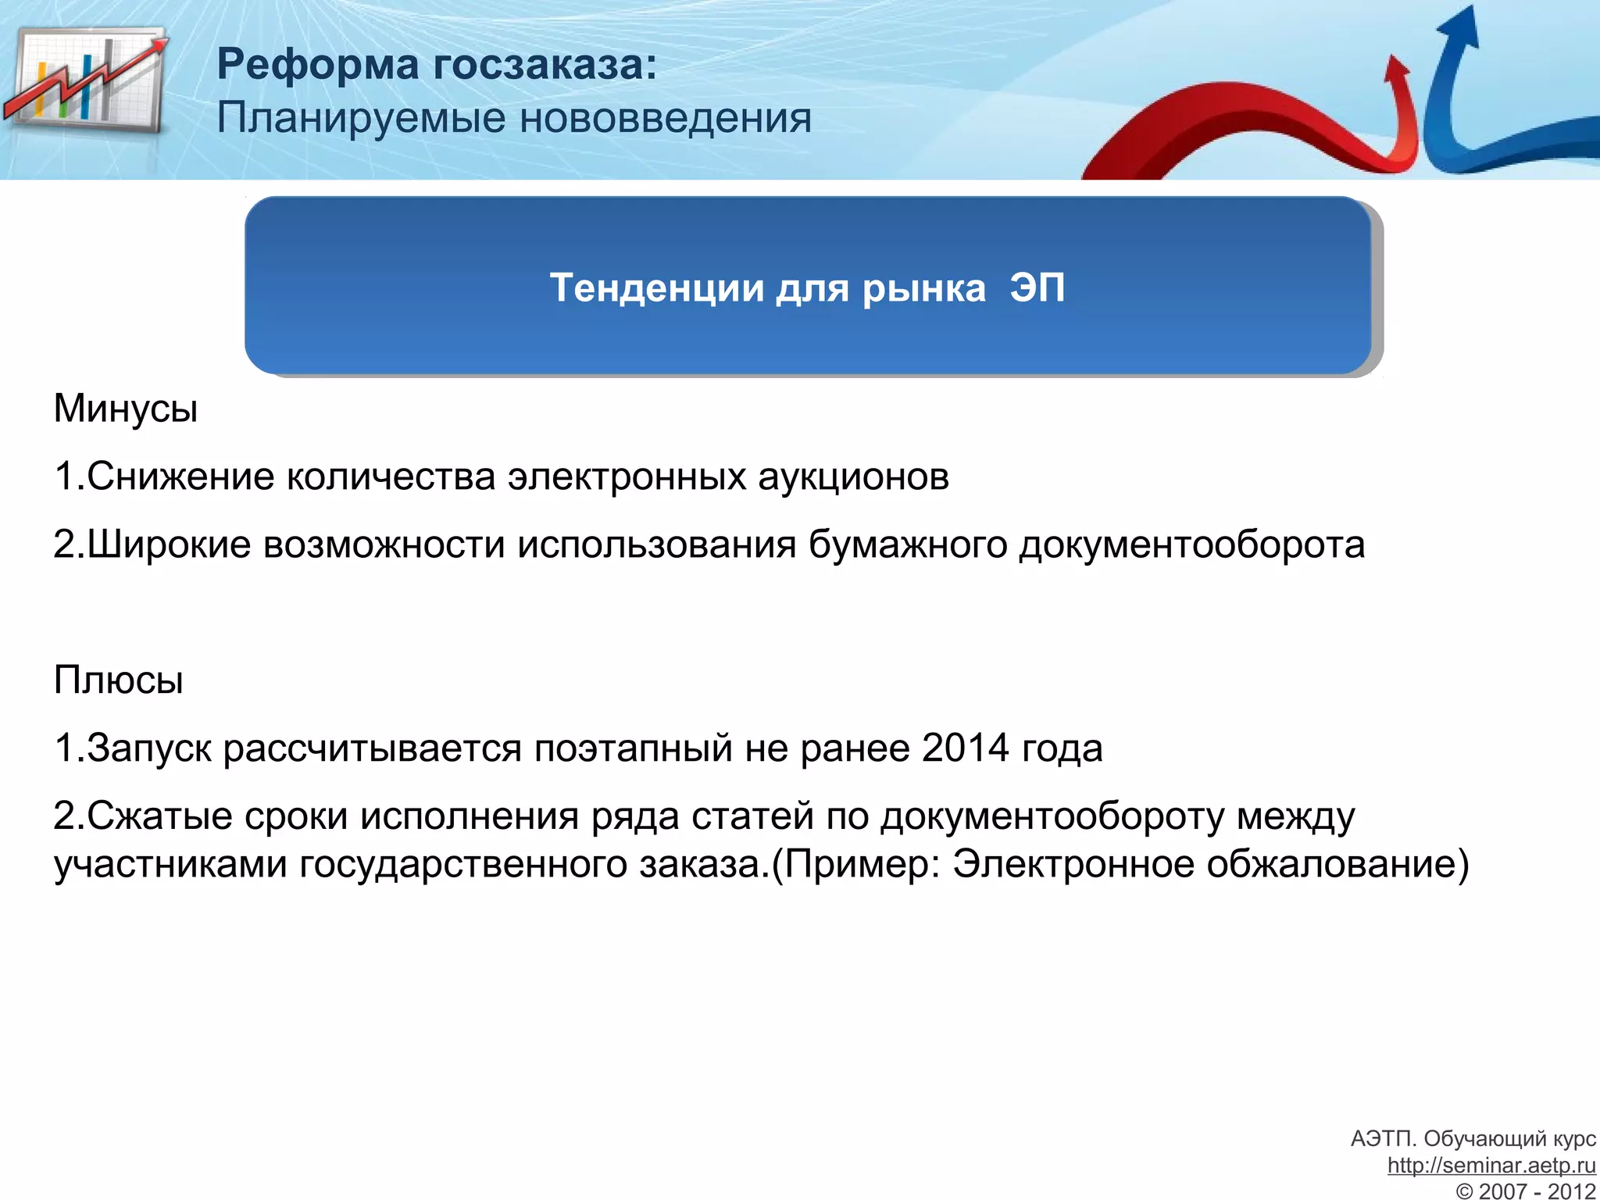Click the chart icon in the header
86,82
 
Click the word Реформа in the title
318,64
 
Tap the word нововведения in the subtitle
666,119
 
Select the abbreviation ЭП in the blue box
1037,287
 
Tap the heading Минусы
126,409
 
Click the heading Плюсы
119,680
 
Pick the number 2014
966,748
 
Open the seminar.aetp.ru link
1491,1166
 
